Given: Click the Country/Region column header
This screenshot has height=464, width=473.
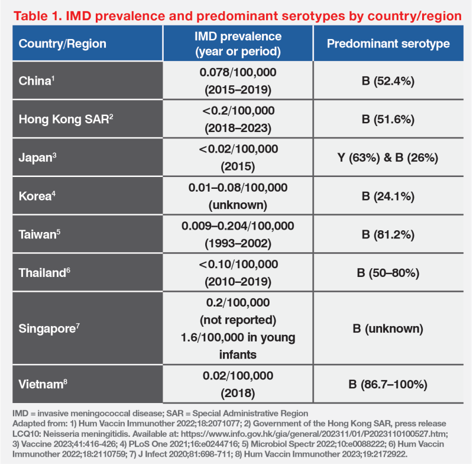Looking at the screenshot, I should point(63,44).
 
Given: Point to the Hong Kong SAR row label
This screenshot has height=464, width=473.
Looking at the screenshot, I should point(66,119).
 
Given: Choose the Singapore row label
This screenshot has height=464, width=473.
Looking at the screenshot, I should point(48,328).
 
